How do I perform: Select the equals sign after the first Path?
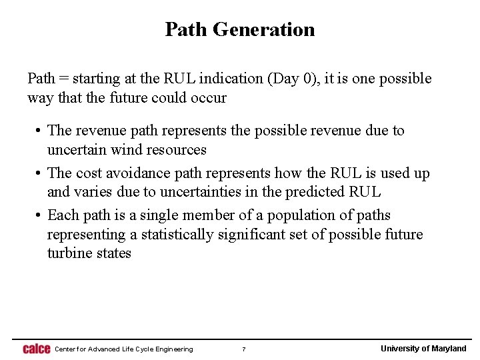65,79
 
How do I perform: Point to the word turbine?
69,253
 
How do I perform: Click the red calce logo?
37,349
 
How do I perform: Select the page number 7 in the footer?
244,349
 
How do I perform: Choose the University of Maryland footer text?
423,349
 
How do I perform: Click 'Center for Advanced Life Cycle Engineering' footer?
124,349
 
